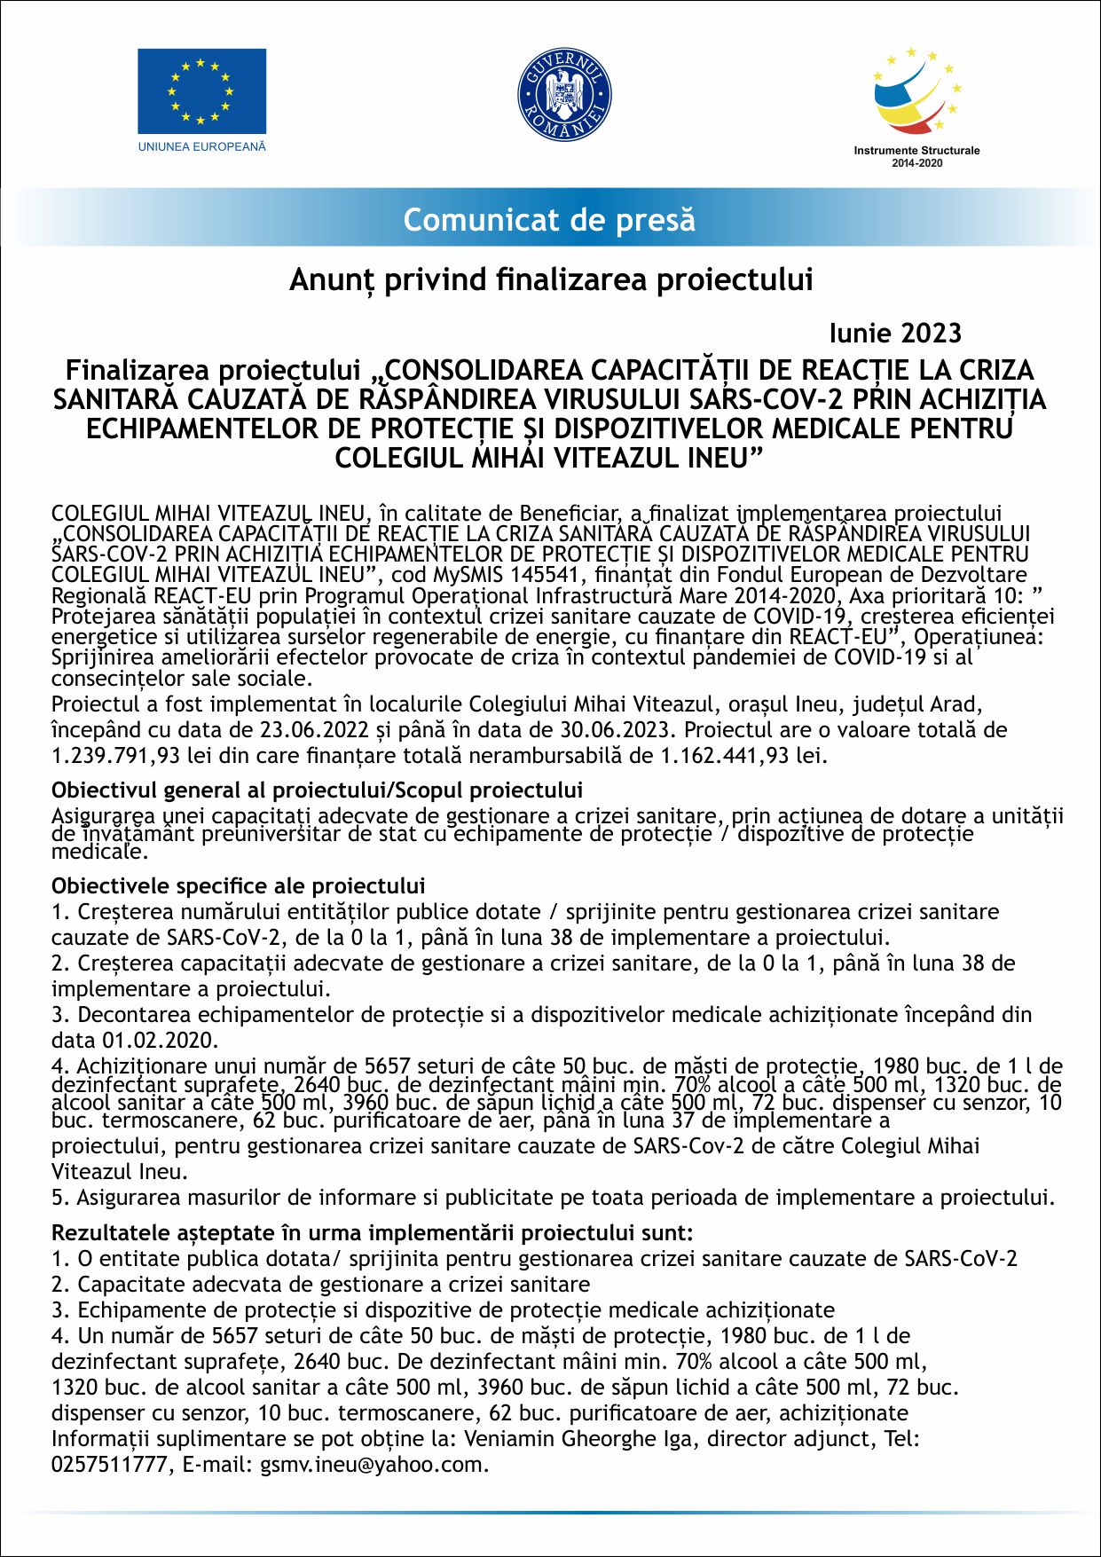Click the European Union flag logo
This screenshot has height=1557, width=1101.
point(201,91)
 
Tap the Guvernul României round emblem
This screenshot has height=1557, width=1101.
point(564,94)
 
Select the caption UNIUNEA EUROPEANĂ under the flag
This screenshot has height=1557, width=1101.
point(201,146)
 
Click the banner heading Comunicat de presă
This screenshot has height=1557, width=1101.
point(549,219)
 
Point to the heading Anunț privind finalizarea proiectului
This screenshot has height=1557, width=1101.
point(550,279)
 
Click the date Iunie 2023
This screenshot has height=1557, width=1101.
point(895,333)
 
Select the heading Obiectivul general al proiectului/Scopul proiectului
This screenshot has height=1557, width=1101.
point(317,790)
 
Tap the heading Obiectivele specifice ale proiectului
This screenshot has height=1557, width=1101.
point(238,885)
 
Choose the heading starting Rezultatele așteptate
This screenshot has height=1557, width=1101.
point(372,1232)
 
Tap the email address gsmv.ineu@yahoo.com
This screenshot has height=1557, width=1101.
point(373,1465)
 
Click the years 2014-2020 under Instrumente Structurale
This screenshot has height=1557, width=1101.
point(916,163)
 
